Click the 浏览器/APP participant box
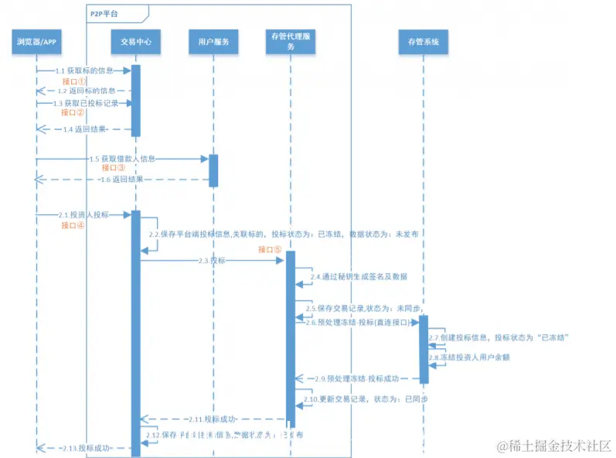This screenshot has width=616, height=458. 36,42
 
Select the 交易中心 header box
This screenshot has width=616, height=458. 135,42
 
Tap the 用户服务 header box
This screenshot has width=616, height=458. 213,42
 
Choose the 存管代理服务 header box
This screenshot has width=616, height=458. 291,42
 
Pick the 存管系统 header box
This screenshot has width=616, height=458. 423,42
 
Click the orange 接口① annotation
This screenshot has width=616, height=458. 74,81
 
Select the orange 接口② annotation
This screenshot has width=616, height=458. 73,113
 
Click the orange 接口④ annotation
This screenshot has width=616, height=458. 73,226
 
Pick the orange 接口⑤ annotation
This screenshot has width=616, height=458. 271,250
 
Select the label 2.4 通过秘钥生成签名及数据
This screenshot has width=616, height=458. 358,276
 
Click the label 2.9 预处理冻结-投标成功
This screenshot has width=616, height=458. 357,378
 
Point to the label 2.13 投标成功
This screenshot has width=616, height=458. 83,448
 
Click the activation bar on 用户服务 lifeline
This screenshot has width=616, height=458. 213,170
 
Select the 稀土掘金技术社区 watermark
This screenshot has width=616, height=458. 555,446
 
